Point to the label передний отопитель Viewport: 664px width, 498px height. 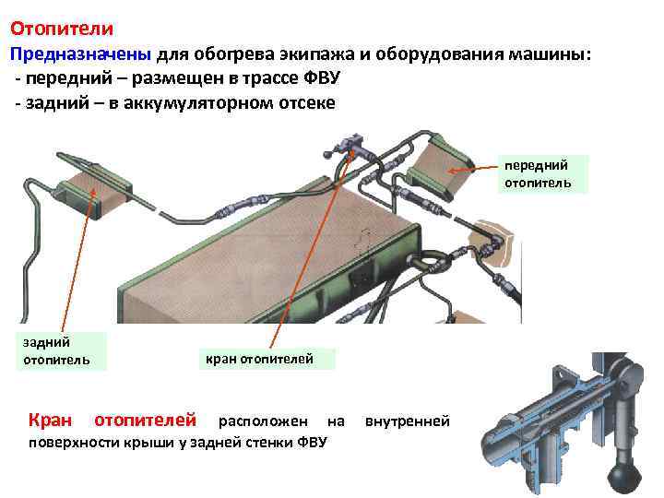537,174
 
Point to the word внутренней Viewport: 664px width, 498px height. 408,421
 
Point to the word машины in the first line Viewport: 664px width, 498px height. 559,53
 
